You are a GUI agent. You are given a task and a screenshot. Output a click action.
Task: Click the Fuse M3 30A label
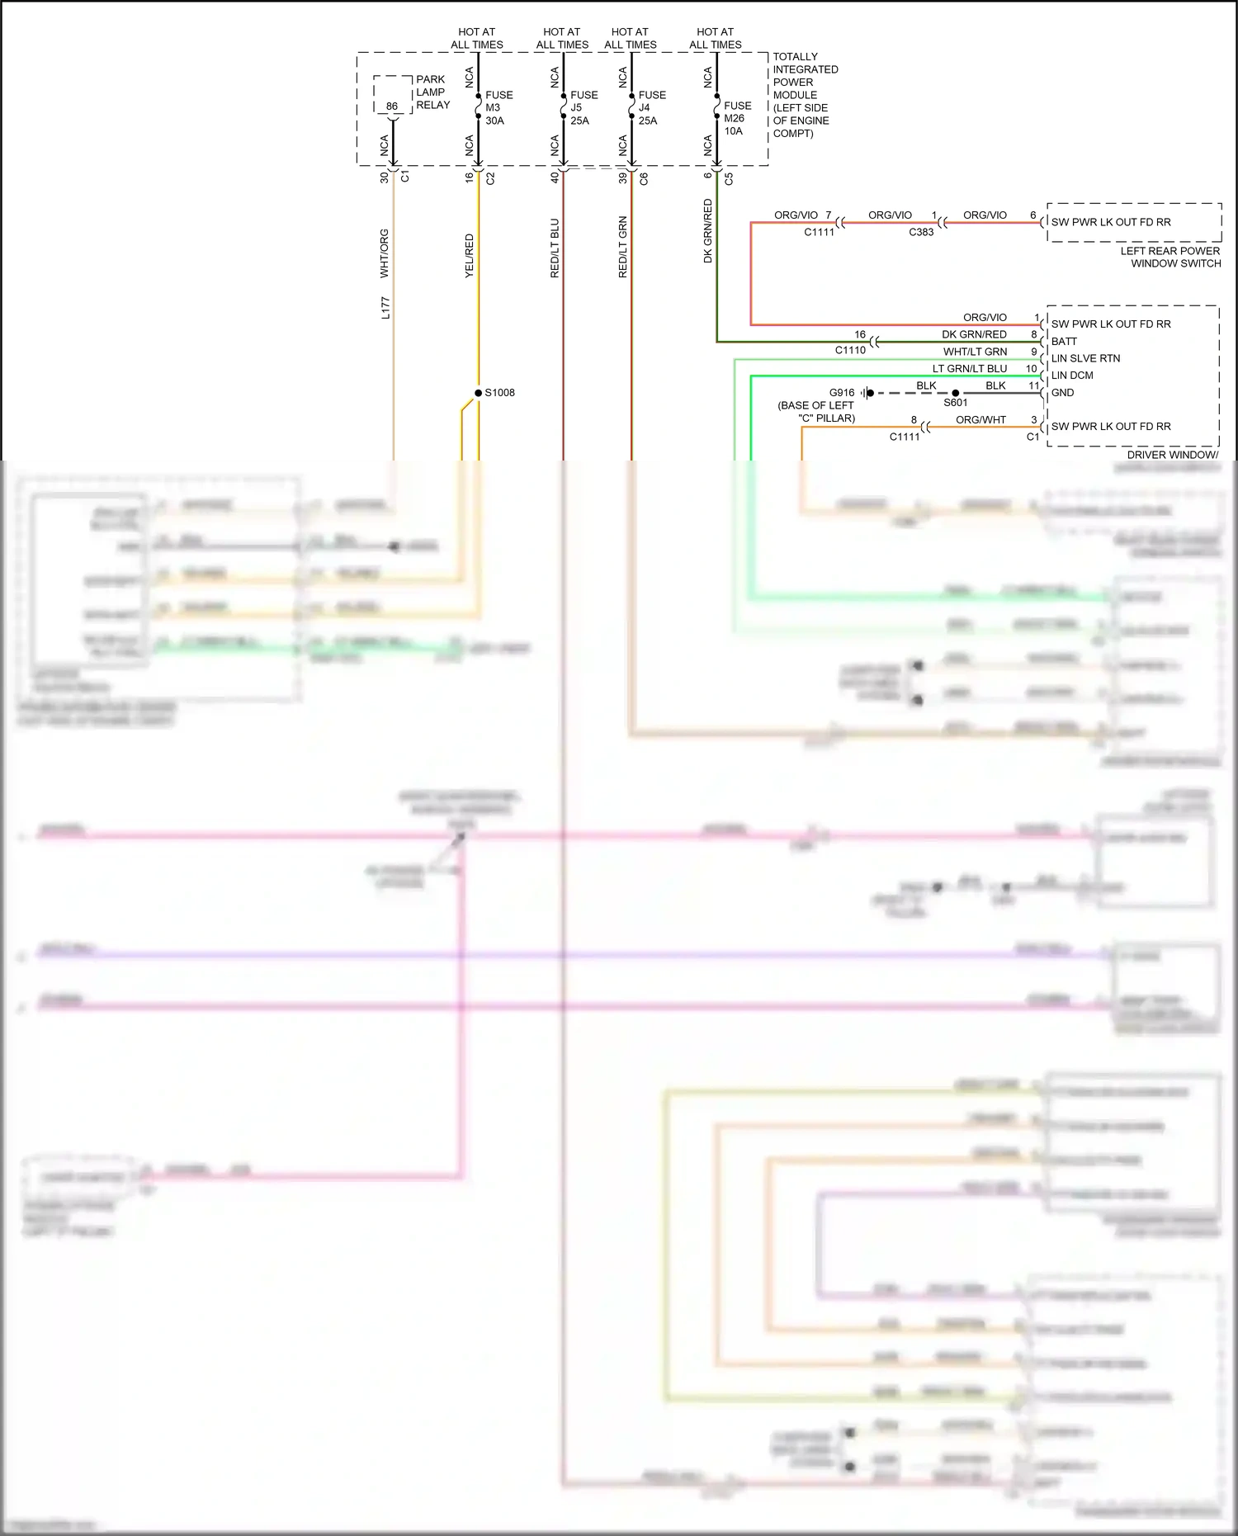click(x=499, y=108)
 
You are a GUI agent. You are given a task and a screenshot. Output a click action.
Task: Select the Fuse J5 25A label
click(x=584, y=108)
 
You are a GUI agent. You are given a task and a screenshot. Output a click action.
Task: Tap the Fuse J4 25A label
click(x=651, y=108)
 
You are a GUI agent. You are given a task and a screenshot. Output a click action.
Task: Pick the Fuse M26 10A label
click(x=737, y=118)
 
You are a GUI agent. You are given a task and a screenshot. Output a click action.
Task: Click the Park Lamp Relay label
click(x=432, y=92)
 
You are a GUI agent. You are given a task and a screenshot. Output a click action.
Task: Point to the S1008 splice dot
click(x=479, y=393)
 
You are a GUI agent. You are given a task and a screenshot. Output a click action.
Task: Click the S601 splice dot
click(x=956, y=393)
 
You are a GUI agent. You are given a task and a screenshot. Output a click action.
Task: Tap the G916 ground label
click(x=842, y=393)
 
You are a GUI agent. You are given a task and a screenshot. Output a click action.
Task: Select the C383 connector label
click(x=921, y=232)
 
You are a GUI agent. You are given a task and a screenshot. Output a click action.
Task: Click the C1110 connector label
click(x=850, y=350)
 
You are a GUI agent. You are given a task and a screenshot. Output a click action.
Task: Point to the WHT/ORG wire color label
click(x=384, y=253)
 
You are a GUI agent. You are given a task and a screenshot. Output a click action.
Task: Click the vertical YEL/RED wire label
click(x=470, y=256)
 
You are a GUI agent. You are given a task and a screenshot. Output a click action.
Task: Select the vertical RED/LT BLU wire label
click(x=555, y=248)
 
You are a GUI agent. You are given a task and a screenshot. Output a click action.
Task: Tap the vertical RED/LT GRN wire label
click(x=623, y=247)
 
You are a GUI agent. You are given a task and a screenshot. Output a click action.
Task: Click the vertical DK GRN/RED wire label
click(x=707, y=231)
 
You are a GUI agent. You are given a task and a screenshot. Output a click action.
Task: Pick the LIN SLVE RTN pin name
click(x=1085, y=358)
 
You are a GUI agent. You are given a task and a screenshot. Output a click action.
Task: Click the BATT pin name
click(x=1064, y=341)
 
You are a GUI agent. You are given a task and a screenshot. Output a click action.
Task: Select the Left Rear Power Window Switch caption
click(x=1170, y=257)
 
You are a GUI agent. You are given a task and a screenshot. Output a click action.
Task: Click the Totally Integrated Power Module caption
click(x=805, y=95)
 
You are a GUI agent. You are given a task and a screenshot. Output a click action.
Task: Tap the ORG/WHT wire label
click(x=980, y=419)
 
